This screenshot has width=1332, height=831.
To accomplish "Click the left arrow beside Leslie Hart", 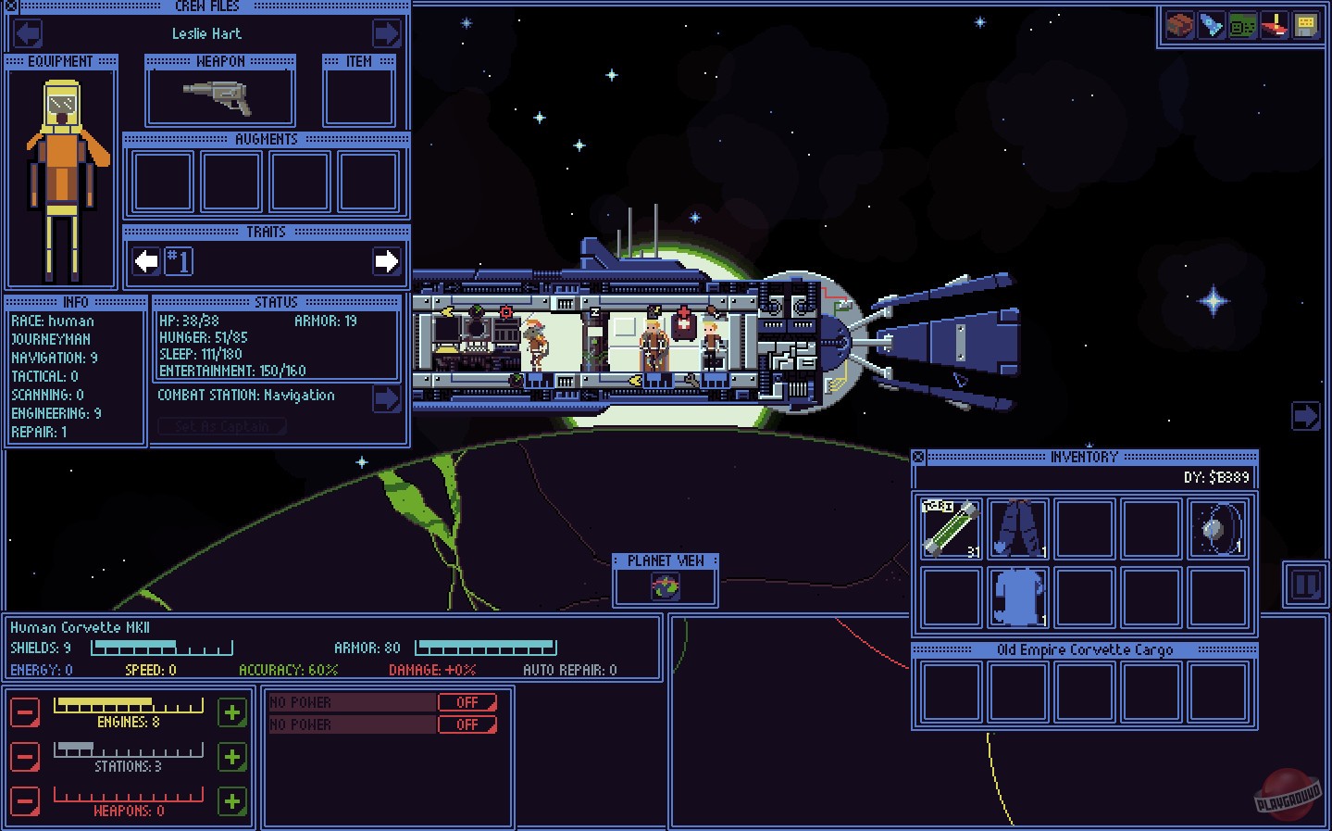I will click(28, 33).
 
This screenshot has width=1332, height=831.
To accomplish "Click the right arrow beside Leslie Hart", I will click(386, 33).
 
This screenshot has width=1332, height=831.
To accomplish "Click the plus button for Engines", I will click(232, 712).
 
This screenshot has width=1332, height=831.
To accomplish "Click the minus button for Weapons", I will click(25, 801).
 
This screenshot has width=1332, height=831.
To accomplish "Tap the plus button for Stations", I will click(232, 757).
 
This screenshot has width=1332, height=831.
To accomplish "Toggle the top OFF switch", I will click(467, 702).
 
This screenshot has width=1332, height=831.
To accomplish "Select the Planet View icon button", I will click(665, 585).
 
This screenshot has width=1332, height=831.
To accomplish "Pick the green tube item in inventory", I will click(951, 528).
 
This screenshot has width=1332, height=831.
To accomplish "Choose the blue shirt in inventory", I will click(1017, 597).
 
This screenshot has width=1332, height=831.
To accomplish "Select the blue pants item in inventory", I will click(1017, 528).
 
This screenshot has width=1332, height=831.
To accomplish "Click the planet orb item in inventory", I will click(1217, 528).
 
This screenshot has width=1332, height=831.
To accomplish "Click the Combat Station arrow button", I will click(386, 397).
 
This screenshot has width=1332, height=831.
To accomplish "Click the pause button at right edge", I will click(1305, 585).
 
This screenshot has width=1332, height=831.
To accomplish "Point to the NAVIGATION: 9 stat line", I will click(54, 358).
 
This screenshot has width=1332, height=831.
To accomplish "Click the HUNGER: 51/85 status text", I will click(203, 337).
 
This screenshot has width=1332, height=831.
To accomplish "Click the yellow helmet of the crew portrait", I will click(62, 101).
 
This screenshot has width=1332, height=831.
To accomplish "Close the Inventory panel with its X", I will click(918, 457).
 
